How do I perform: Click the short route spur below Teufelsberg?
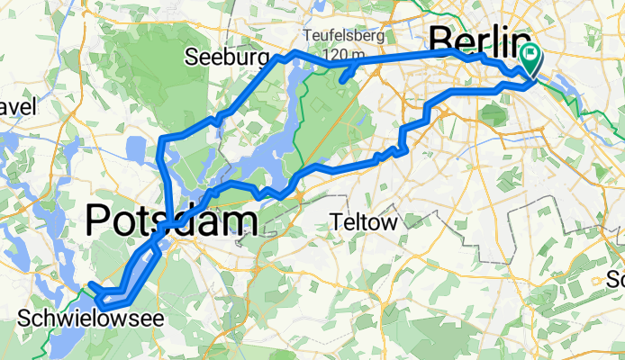coord(347,75)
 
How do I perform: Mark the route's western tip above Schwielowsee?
coord(91,286)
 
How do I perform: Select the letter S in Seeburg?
coord(192,58)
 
